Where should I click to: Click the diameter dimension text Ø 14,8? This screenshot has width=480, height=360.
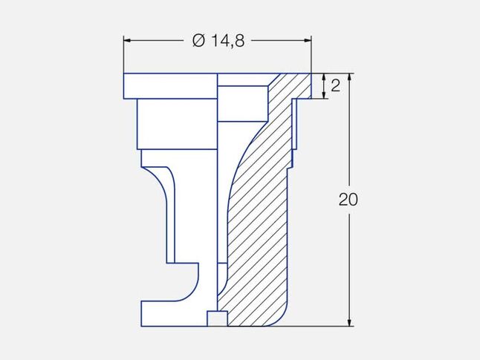218,41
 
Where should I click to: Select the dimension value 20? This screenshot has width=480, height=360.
348,200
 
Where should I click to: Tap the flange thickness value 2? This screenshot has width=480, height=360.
336,86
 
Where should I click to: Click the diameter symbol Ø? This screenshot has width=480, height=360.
198,41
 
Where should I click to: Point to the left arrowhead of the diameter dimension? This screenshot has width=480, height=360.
127,40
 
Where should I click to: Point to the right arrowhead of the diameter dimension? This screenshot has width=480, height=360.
307,40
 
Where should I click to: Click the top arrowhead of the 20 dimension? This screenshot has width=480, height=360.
350,77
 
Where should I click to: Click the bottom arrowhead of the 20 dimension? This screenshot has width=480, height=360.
350,322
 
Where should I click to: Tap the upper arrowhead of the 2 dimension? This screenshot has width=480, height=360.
323,76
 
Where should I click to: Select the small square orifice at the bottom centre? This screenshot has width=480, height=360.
218,318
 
